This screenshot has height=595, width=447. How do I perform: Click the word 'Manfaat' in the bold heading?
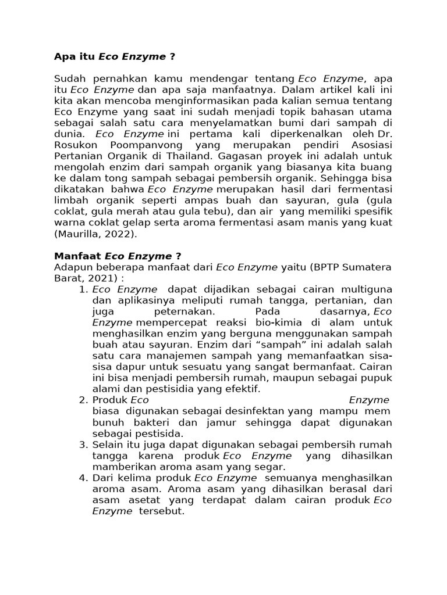coord(76,256)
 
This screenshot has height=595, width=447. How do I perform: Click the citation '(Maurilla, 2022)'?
coord(96,234)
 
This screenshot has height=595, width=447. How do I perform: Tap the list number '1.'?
coord(83,289)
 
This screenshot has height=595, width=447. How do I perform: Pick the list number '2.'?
coord(83,400)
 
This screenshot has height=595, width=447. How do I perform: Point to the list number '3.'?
coord(83,445)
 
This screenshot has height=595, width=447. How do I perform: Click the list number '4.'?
coord(83,478)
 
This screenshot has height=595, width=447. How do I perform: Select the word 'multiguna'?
coord(365,289)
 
